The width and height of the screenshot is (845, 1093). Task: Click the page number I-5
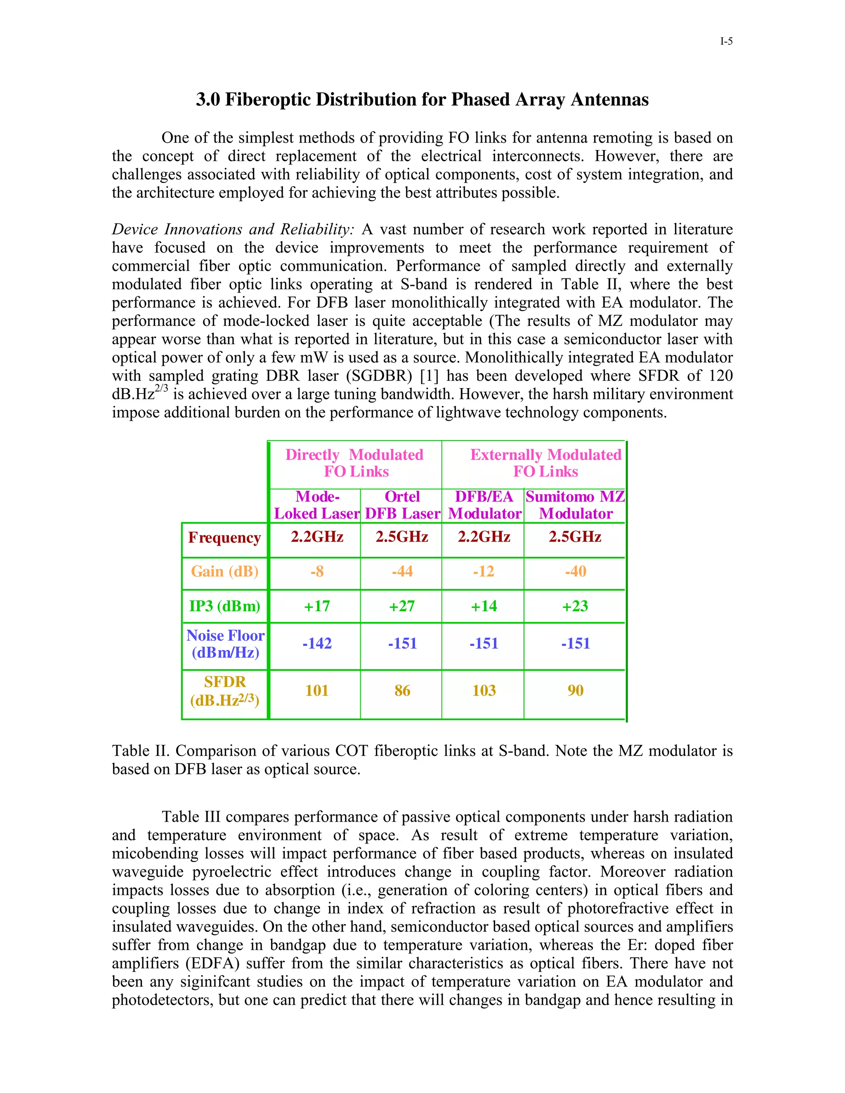[726, 42]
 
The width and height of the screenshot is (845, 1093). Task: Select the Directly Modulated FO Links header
[355, 463]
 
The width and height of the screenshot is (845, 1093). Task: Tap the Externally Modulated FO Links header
[545, 463]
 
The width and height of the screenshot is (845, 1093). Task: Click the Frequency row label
[224, 537]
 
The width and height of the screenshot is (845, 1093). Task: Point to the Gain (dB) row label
[224, 572]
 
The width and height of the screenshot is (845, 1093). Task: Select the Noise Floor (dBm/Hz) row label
[225, 643]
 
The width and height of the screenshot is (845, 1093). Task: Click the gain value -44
[402, 572]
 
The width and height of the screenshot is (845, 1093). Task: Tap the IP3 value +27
[402, 606]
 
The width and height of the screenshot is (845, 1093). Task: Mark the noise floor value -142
[317, 643]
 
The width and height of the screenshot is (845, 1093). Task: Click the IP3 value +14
[484, 606]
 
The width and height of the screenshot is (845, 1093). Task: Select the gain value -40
[575, 572]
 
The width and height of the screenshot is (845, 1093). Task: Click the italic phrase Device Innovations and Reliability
[233, 229]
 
